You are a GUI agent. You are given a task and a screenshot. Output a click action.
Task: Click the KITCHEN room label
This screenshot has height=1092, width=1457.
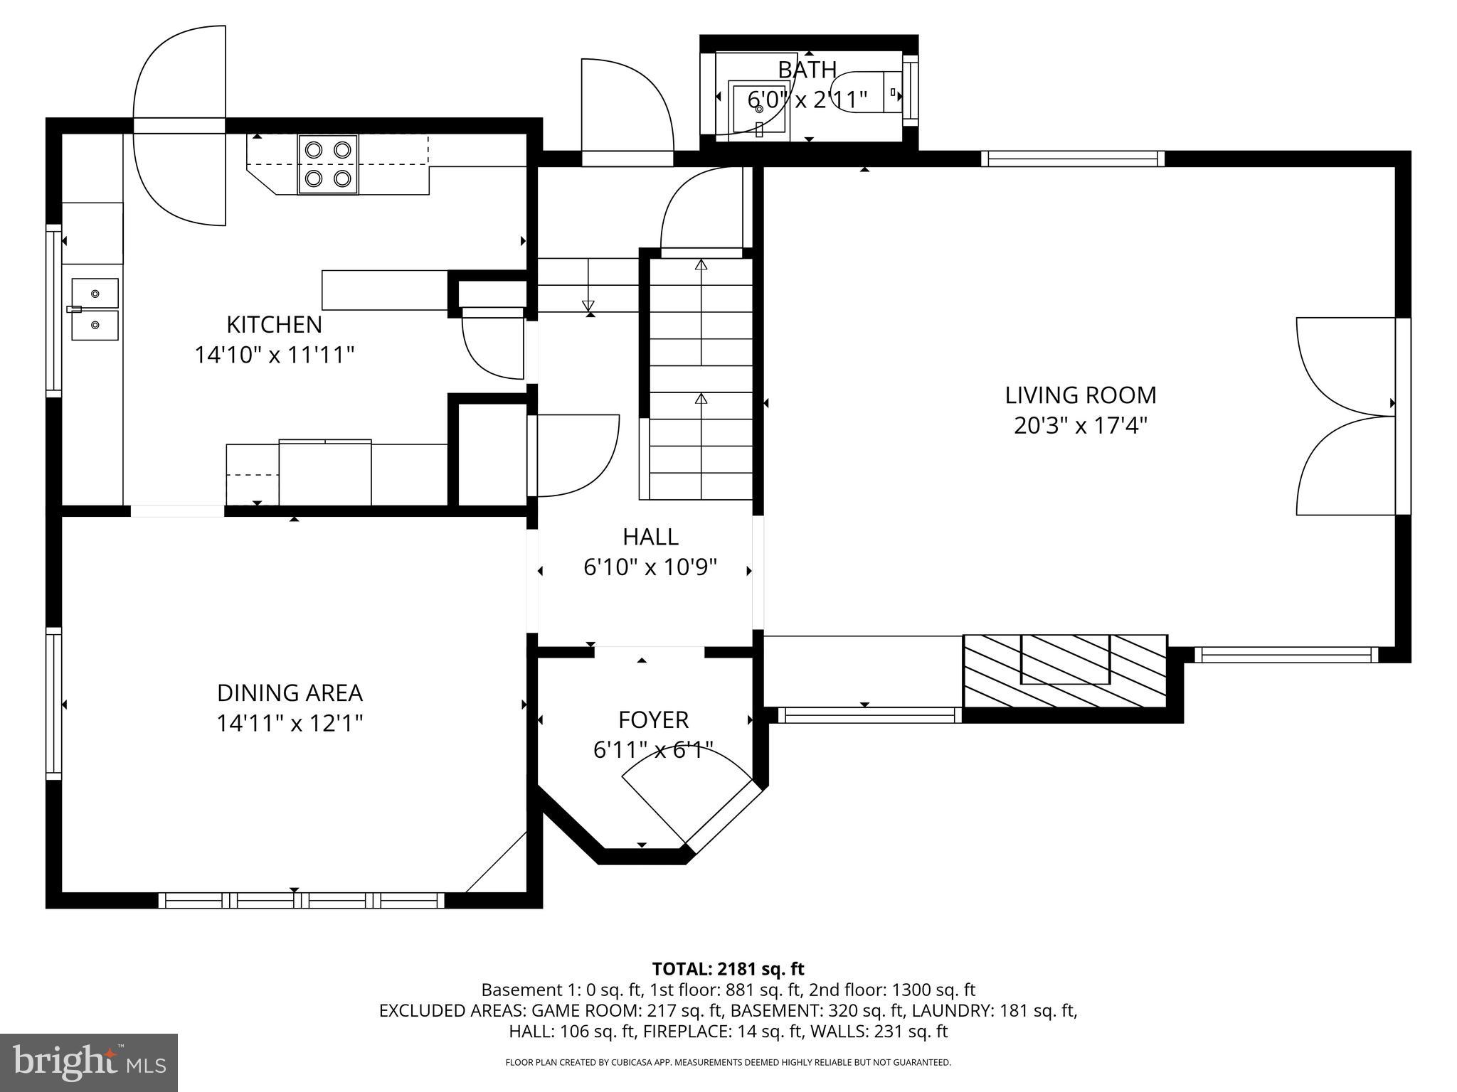click(x=274, y=325)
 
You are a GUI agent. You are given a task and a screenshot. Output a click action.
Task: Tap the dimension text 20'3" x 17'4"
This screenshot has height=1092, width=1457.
click(x=1080, y=426)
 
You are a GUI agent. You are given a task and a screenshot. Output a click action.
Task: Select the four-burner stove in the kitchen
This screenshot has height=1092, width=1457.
click(x=328, y=164)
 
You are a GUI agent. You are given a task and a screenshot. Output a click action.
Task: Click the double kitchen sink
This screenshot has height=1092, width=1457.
click(x=95, y=309)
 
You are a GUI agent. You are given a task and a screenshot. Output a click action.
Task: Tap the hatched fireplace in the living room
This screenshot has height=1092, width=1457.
click(x=1065, y=670)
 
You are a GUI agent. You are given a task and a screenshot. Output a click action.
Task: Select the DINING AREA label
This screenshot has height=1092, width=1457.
click(x=290, y=692)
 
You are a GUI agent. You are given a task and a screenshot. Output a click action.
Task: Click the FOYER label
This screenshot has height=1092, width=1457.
click(x=653, y=720)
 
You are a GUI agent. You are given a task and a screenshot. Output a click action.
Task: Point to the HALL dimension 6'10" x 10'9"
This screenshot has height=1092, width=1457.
click(x=650, y=567)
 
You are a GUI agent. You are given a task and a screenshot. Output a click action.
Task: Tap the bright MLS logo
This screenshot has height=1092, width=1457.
click(x=88, y=1062)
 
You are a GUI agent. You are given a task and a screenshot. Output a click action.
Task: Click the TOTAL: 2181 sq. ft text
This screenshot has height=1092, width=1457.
click(x=728, y=968)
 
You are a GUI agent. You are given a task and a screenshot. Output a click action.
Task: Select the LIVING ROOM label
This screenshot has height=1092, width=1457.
click(x=1080, y=395)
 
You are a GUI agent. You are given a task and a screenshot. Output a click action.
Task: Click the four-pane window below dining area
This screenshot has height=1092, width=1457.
click(x=301, y=901)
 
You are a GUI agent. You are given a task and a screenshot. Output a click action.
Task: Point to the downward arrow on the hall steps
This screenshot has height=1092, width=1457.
click(x=588, y=306)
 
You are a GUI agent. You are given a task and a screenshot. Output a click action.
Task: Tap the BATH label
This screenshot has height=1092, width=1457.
click(x=807, y=70)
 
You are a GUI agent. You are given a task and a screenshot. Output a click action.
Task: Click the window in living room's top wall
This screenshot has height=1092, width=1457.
click(x=1072, y=159)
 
